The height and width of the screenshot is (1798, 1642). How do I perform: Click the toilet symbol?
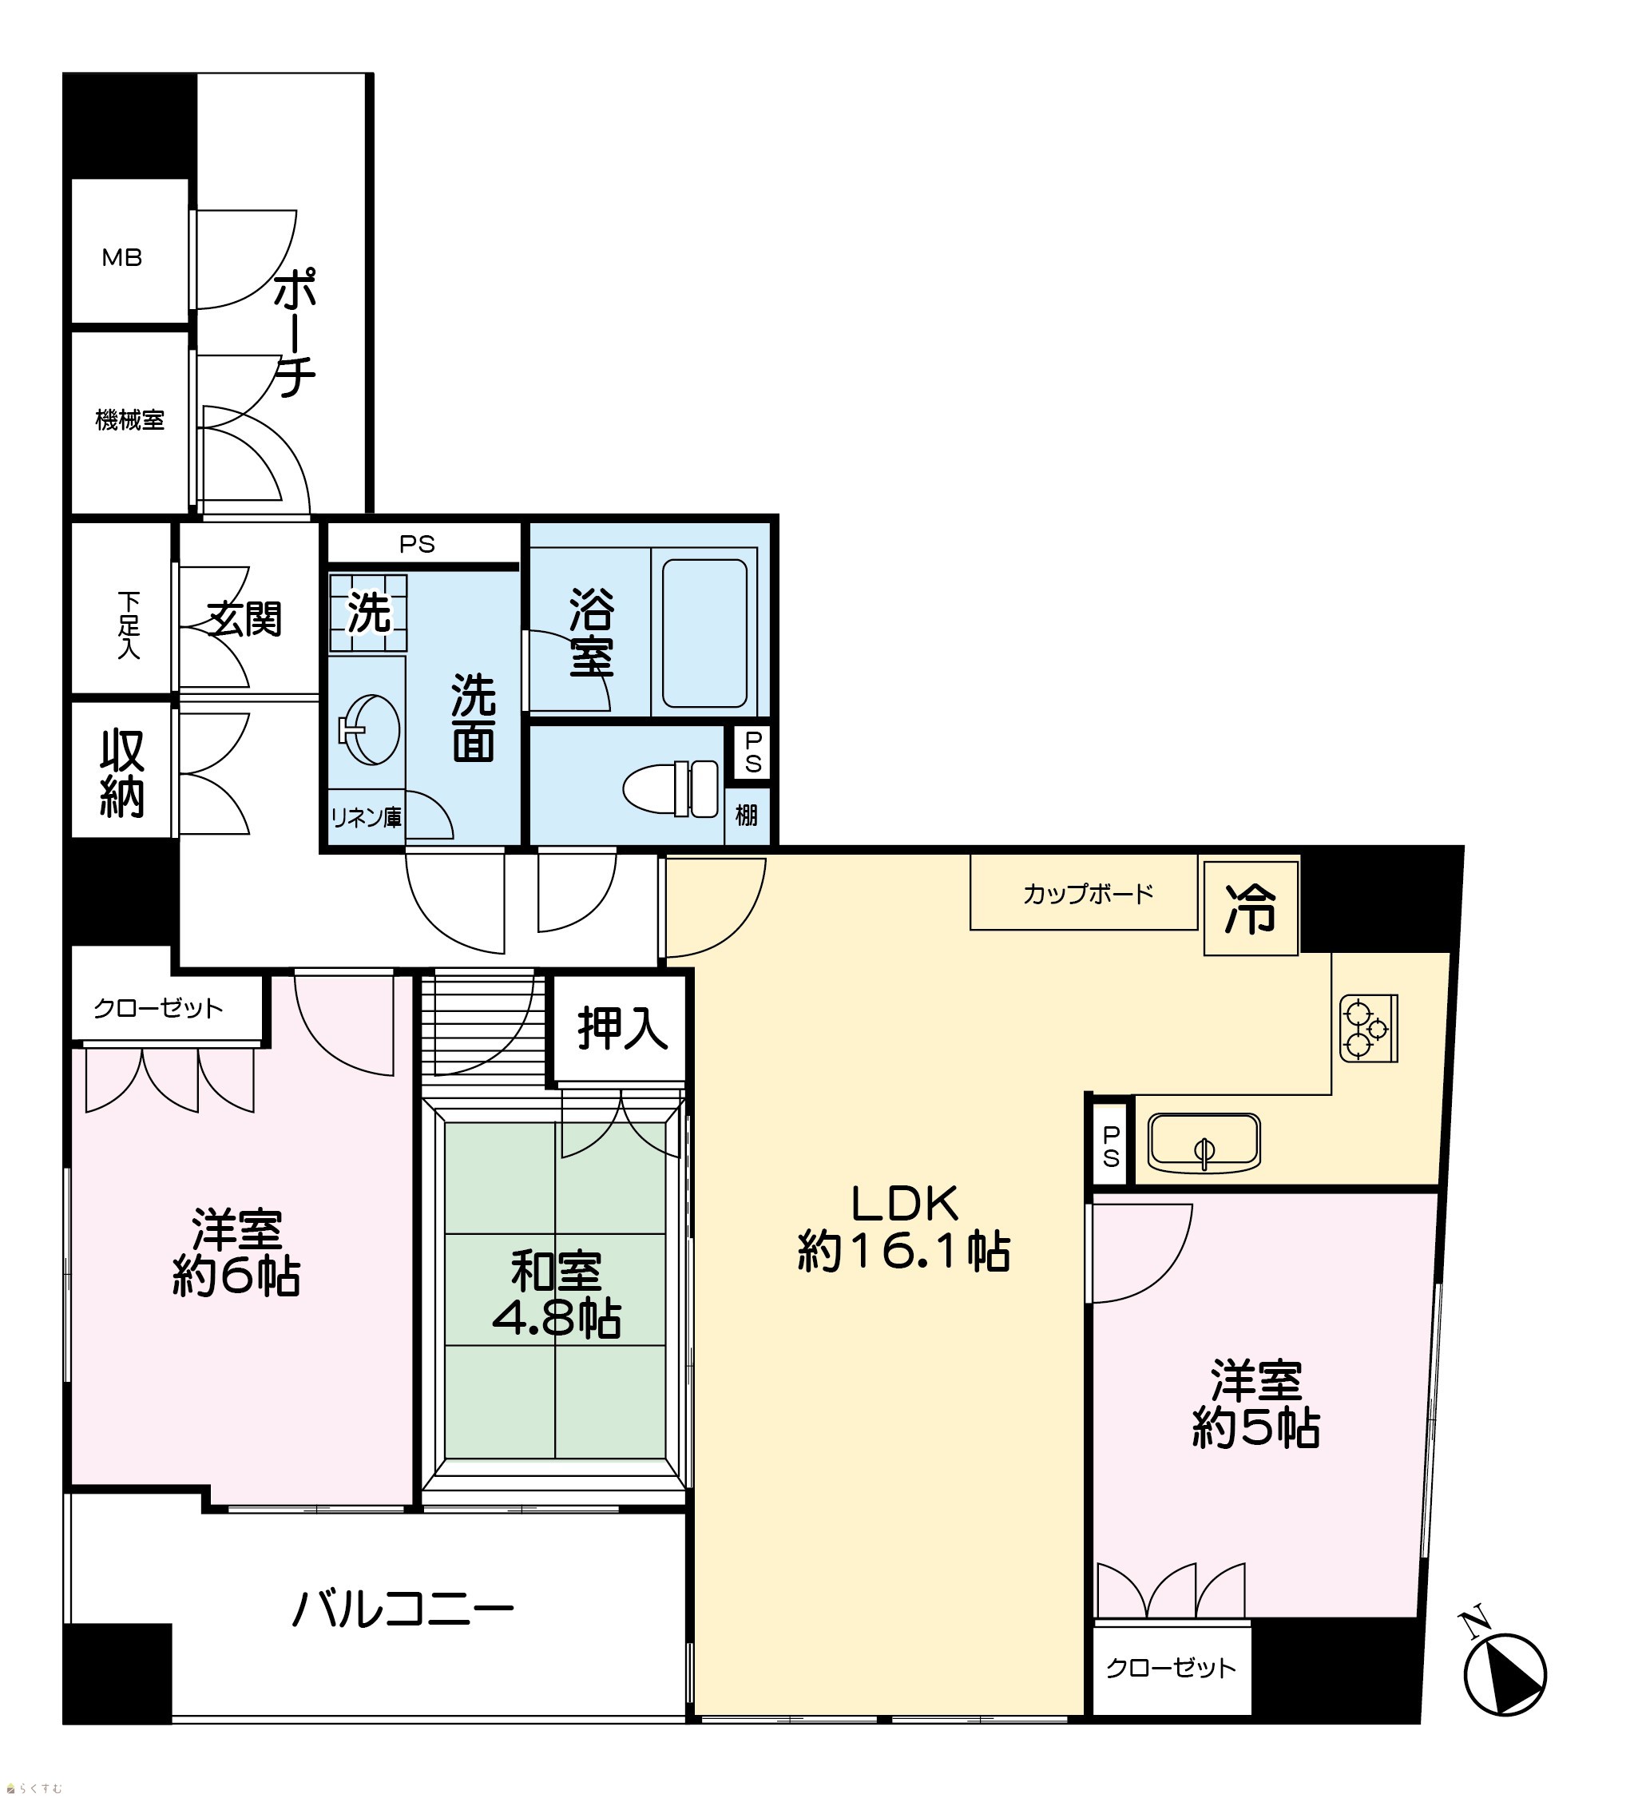[671, 788]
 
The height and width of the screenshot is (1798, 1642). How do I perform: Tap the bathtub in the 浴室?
[704, 633]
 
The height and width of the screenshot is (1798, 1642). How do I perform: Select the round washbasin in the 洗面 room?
[368, 728]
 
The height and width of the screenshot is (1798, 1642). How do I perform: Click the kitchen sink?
[1204, 1142]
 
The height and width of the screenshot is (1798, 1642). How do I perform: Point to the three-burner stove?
[1368, 1028]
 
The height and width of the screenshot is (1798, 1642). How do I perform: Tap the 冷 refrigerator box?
[1251, 909]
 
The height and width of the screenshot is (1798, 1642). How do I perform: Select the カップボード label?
[1088, 894]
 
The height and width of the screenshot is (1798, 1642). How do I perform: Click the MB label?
[122, 258]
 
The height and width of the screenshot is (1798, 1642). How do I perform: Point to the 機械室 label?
[130, 420]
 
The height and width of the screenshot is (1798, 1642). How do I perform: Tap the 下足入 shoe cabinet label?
[129, 625]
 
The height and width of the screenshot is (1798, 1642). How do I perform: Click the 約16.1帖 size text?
[903, 1252]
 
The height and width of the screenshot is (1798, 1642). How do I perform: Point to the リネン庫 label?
[366, 817]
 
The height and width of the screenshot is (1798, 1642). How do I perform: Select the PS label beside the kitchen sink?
[1110, 1146]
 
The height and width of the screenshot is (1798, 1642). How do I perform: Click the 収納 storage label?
[121, 773]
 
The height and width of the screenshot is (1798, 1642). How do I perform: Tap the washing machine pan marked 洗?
[368, 613]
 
